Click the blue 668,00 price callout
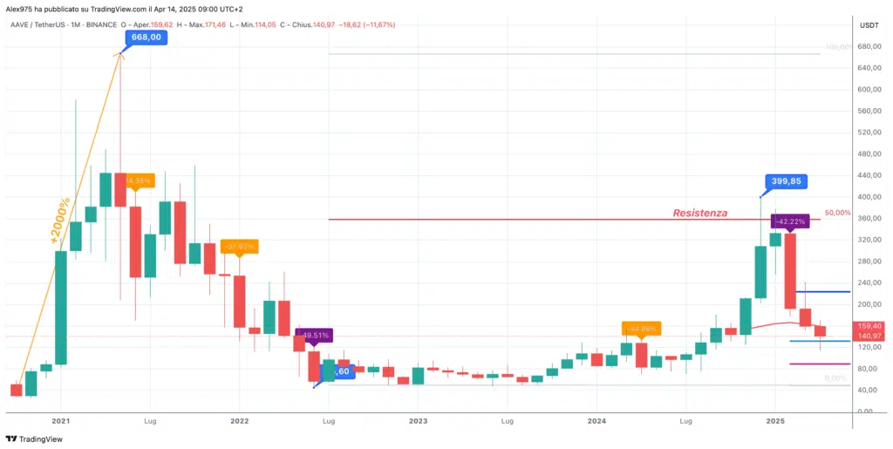click(145, 37)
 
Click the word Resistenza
click(699, 213)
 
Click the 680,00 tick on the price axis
click(869, 46)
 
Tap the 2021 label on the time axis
click(60, 420)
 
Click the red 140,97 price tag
click(869, 337)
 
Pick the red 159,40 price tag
click(869, 326)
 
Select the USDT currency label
click(869, 25)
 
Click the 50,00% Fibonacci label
click(837, 213)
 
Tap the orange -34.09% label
click(641, 329)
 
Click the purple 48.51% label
click(313, 334)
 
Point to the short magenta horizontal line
click(807, 364)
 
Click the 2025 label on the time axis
click(777, 420)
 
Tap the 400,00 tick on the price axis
click(869, 196)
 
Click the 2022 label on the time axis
click(240, 420)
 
